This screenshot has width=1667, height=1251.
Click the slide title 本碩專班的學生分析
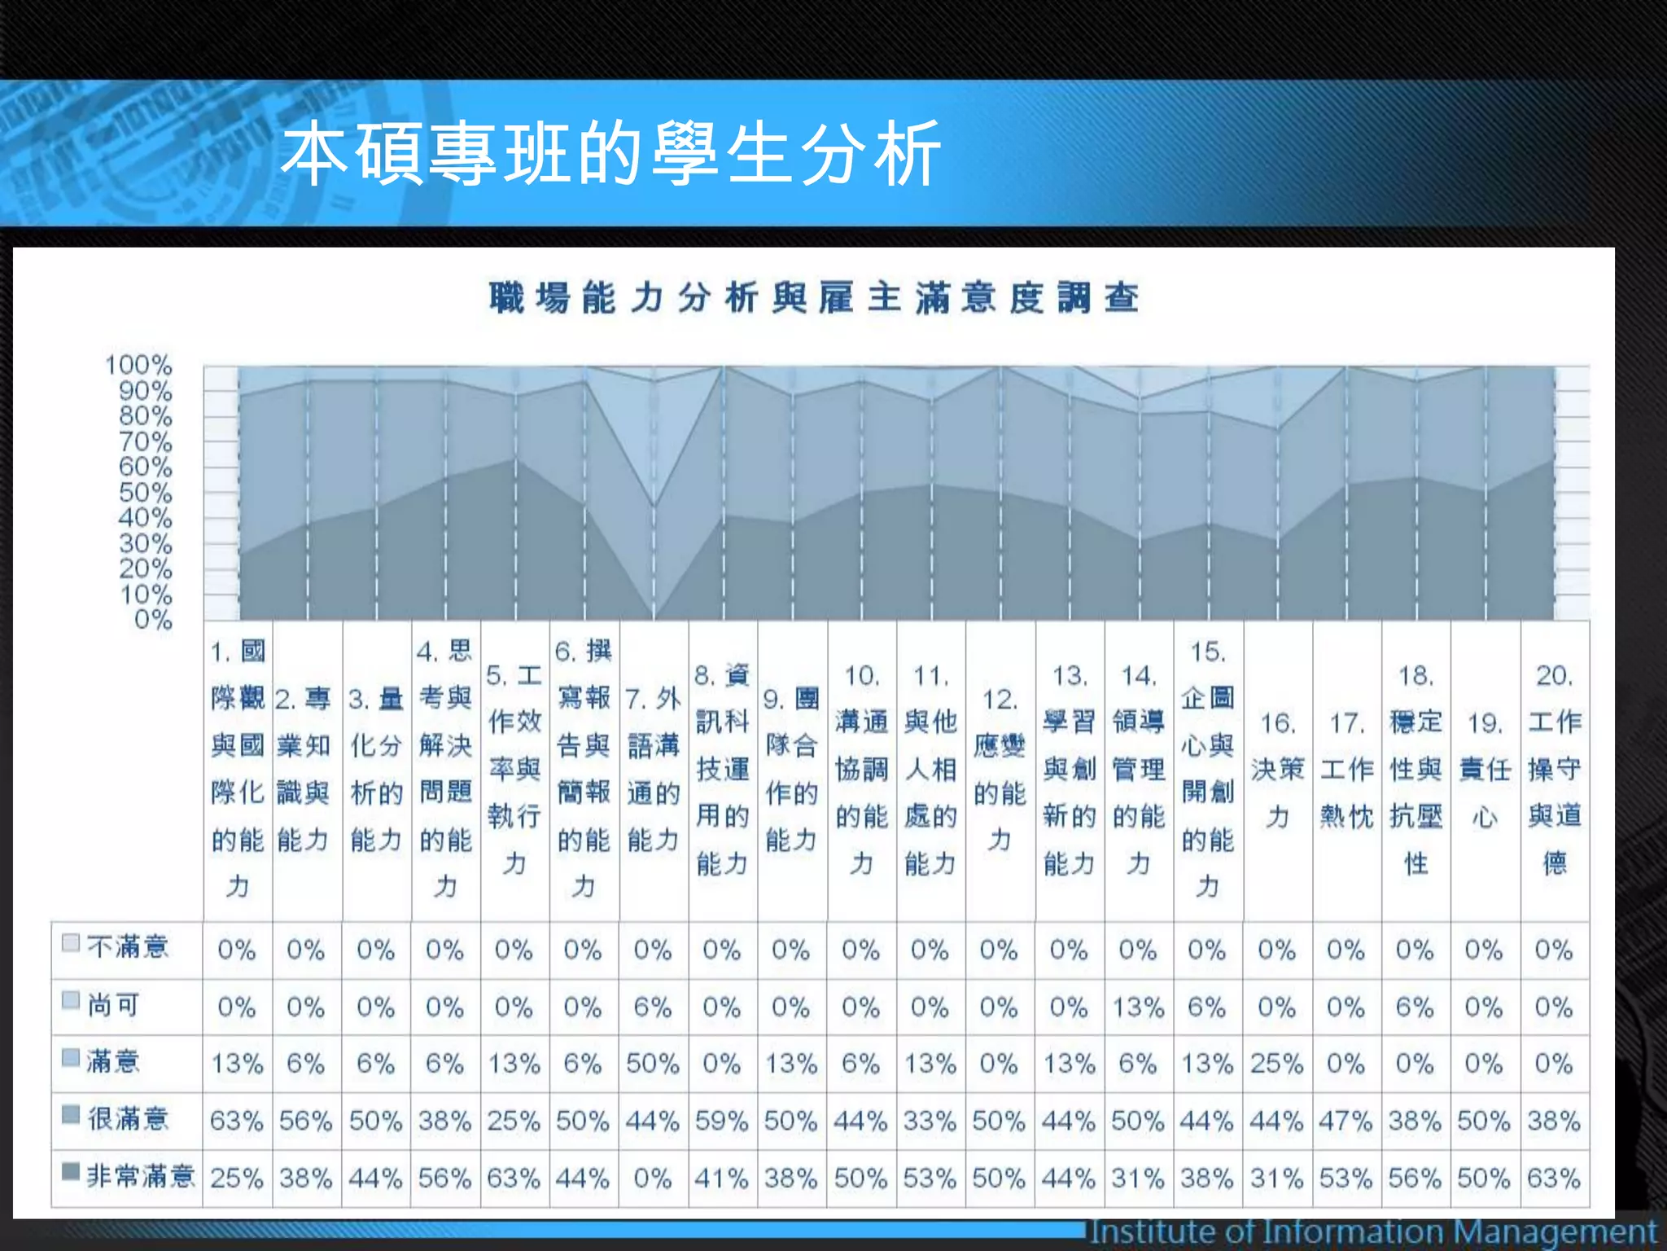point(610,153)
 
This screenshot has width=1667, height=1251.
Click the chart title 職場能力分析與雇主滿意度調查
point(813,298)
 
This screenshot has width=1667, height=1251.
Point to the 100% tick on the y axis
point(138,365)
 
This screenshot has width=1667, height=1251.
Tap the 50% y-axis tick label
point(145,493)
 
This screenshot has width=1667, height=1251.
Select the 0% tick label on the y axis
point(153,621)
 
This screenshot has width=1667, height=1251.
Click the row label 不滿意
point(127,946)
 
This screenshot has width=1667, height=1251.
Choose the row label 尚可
point(113,1005)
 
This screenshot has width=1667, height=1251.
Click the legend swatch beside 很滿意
point(71,1113)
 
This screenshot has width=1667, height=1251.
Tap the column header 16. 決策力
point(1277,770)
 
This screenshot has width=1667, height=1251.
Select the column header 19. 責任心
point(1485,770)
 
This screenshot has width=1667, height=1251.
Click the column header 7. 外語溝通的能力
point(653,770)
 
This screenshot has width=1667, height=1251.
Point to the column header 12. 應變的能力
point(1000,770)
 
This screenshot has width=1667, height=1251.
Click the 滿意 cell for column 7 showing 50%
point(653,1064)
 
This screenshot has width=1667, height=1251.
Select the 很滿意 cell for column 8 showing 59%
point(722,1121)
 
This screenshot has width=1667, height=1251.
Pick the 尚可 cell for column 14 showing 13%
point(1138,1007)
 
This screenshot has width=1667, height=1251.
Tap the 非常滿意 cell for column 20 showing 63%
point(1554,1178)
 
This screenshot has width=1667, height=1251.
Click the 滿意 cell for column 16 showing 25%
point(1277,1064)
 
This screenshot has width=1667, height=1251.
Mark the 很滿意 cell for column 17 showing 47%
point(1346,1121)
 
